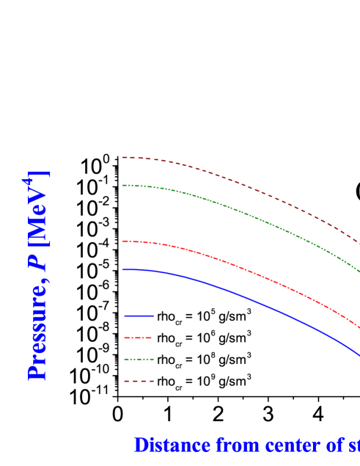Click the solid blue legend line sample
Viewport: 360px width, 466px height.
click(x=139, y=316)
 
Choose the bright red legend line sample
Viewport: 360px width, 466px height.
click(x=139, y=338)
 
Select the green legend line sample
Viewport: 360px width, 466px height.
click(x=139, y=360)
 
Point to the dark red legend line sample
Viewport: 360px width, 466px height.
click(x=139, y=382)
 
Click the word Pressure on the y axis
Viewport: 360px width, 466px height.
click(x=37, y=330)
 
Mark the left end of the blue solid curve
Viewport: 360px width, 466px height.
click(x=123, y=270)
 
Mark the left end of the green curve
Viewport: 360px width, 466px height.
click(x=123, y=185)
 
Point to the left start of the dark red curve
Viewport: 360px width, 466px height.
click(x=123, y=157)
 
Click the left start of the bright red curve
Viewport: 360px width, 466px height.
click(x=123, y=241)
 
